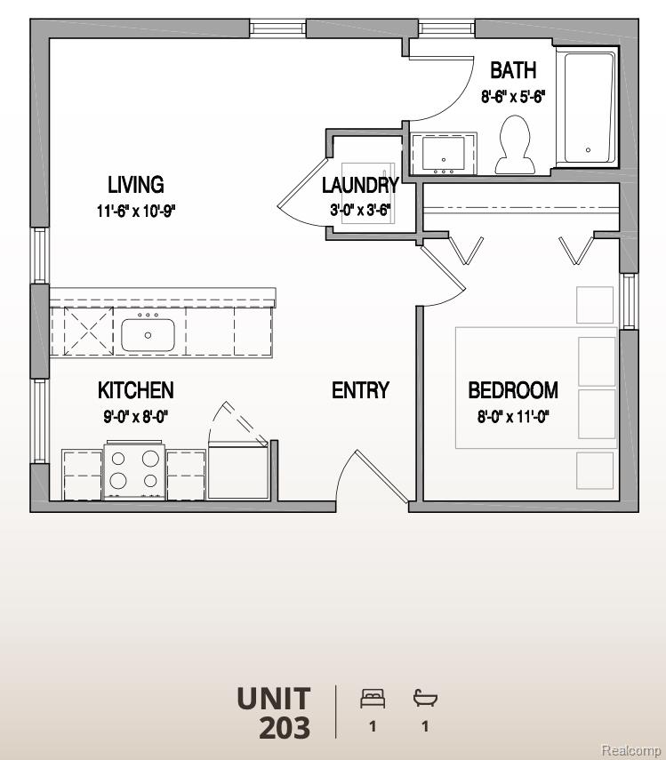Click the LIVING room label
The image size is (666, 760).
tap(135, 185)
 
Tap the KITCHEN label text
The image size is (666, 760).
tap(135, 390)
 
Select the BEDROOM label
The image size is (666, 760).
tap(513, 390)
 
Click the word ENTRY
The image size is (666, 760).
tap(360, 390)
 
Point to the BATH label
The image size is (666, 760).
tap(513, 70)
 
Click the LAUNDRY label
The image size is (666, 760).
tap(359, 186)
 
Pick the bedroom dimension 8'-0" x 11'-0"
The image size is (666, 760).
tap(513, 416)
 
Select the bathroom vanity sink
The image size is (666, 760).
tap(442, 153)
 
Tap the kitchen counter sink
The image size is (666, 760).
tap(148, 335)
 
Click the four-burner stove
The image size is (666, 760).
tap(134, 471)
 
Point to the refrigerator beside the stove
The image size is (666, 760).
tap(237, 471)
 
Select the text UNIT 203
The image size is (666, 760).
tap(274, 713)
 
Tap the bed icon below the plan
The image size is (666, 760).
tap(372, 700)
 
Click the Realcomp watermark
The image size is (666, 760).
tap(630, 750)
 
